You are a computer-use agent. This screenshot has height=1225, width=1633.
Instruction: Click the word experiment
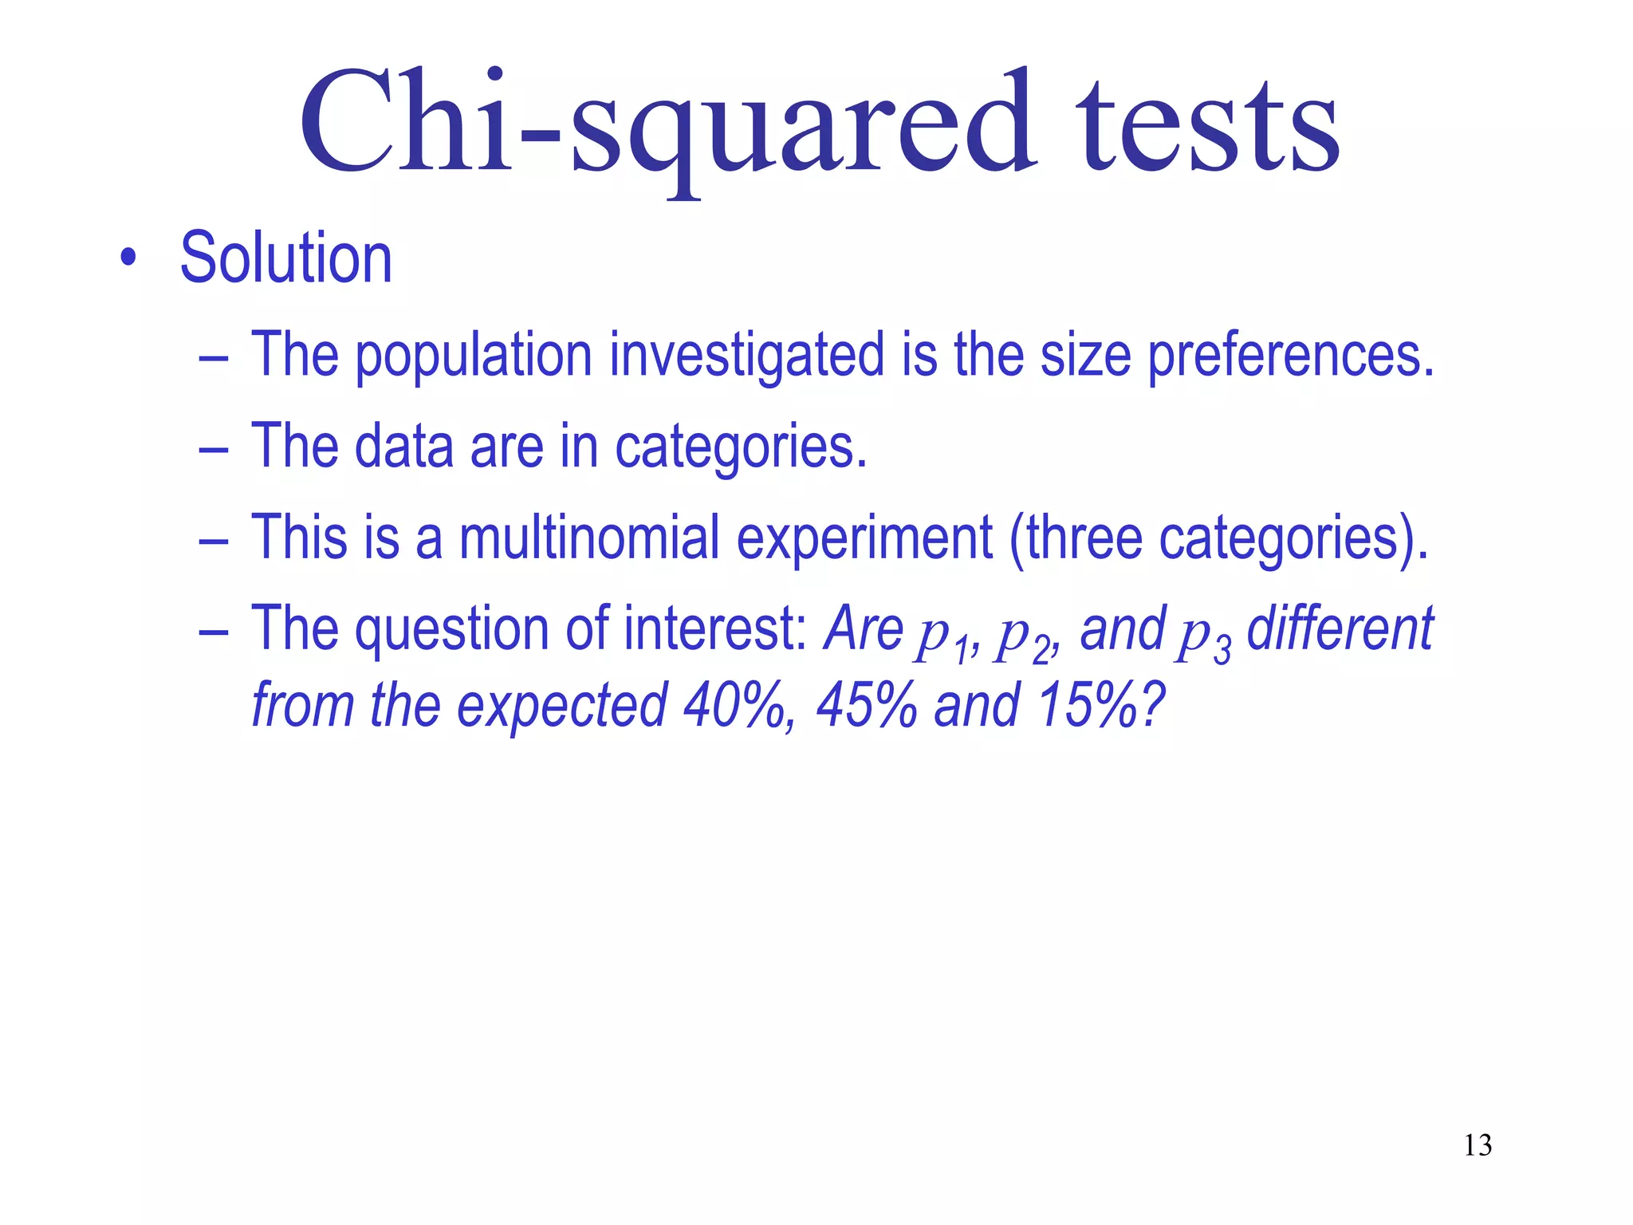pyautogui.click(x=864, y=538)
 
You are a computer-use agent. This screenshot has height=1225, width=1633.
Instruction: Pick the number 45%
pyautogui.click(x=866, y=706)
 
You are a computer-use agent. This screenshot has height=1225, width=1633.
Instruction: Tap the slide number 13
pyautogui.click(x=1478, y=1145)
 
